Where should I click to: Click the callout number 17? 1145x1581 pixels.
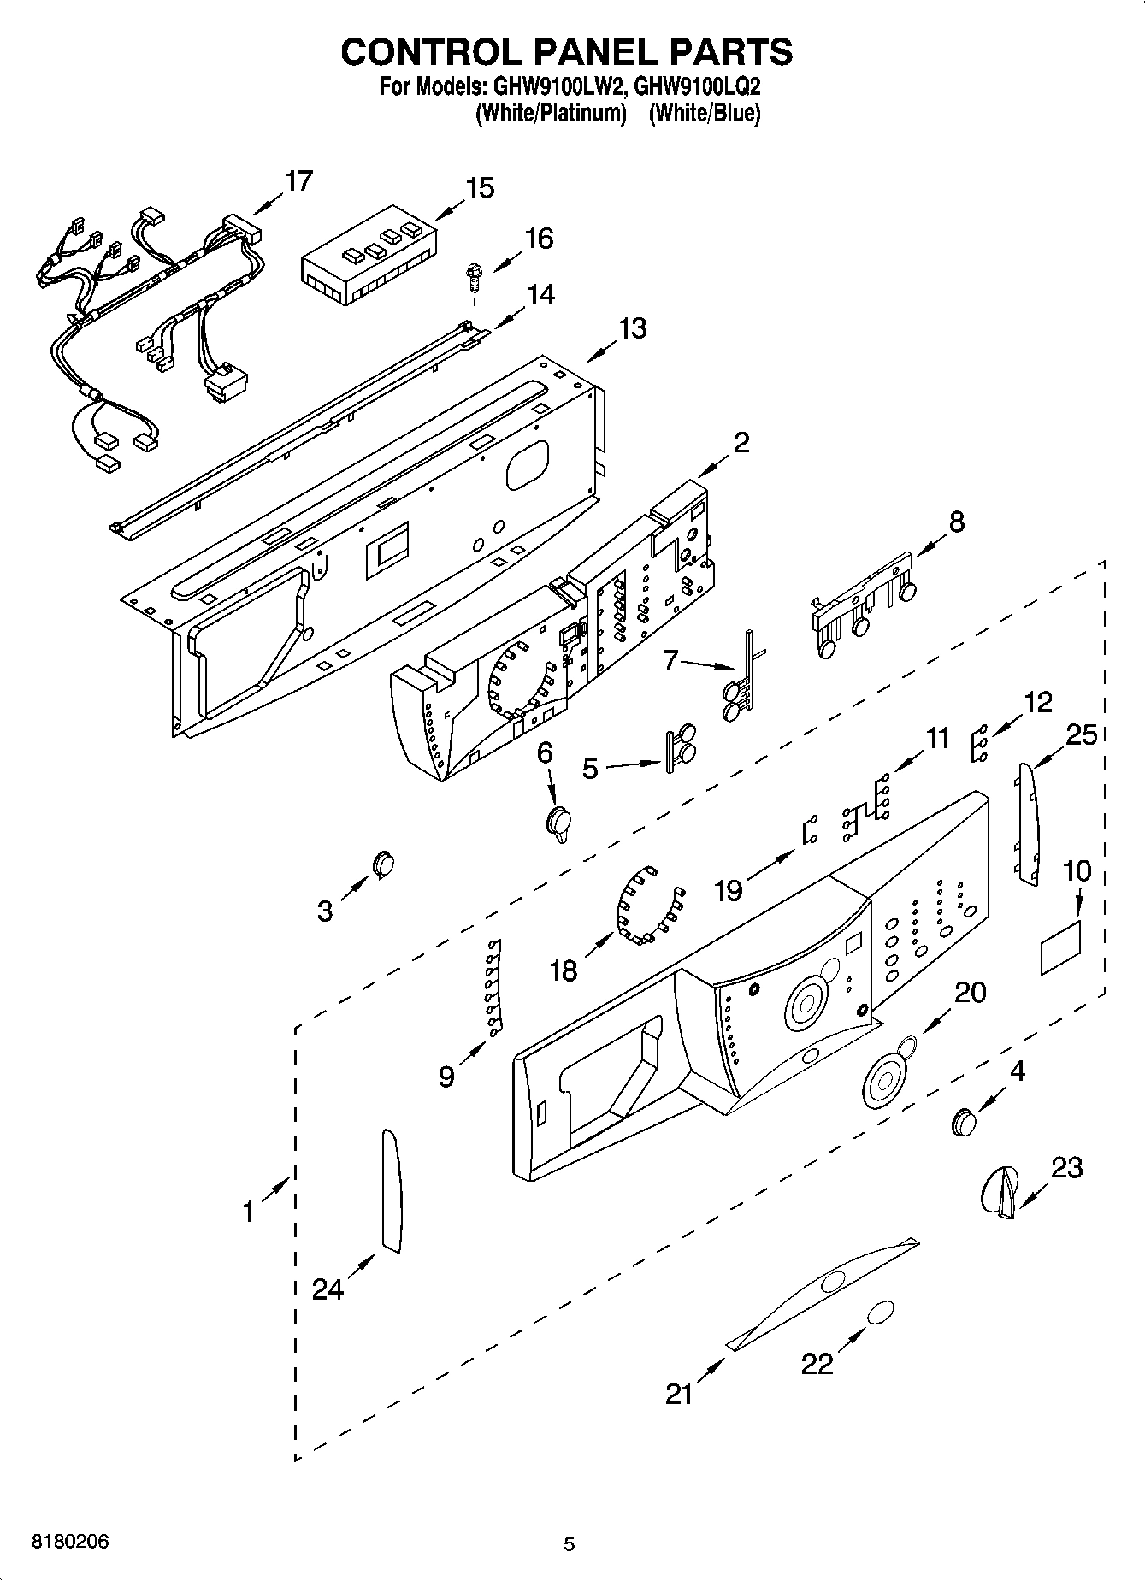coord(298,181)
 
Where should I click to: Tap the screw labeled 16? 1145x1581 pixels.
coord(471,277)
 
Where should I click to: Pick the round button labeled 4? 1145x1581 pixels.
coord(964,1121)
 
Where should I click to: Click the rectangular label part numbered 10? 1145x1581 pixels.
coord(1060,947)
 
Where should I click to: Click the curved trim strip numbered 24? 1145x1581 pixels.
coord(390,1190)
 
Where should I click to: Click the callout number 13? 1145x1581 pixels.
coord(633,328)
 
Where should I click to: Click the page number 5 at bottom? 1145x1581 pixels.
coord(570,1543)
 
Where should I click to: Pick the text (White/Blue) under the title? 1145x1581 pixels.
coord(704,113)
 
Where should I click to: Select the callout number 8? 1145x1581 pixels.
coord(956,522)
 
